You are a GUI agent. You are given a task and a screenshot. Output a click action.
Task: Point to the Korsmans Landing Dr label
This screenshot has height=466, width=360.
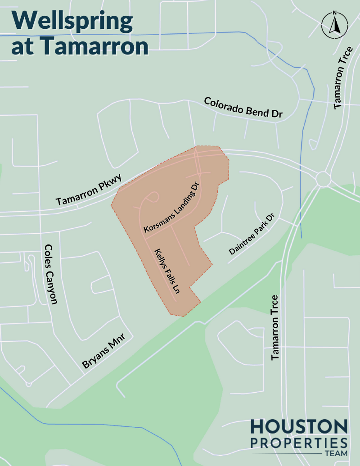coord(171,208)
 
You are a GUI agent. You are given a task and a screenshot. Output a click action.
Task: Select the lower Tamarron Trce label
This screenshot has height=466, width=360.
coord(275,327)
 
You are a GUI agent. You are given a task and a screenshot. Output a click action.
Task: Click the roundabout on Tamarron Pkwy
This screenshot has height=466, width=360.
coord(323,179)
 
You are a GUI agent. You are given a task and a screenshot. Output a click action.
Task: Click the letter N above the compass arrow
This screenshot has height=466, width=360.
coord(334,13)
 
